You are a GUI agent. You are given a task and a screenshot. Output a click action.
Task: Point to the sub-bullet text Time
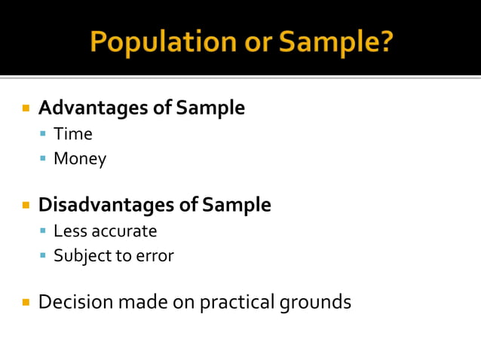point(73,135)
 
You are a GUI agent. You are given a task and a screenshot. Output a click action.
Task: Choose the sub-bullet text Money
point(80,159)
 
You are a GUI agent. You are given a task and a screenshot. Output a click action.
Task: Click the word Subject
point(81,256)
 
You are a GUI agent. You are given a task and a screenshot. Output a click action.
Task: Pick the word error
point(155,256)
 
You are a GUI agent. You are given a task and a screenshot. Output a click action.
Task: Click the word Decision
point(73,302)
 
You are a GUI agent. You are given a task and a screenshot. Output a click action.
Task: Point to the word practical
point(237,303)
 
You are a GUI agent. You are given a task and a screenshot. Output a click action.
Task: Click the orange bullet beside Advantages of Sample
point(26,108)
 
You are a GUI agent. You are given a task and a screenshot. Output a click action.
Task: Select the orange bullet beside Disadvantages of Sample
point(26,205)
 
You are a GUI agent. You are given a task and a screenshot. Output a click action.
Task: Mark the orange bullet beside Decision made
point(26,303)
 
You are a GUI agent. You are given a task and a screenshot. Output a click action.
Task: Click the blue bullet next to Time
point(44,135)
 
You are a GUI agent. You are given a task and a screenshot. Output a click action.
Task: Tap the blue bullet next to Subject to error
point(44,256)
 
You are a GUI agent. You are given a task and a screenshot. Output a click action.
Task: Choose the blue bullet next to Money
point(44,159)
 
